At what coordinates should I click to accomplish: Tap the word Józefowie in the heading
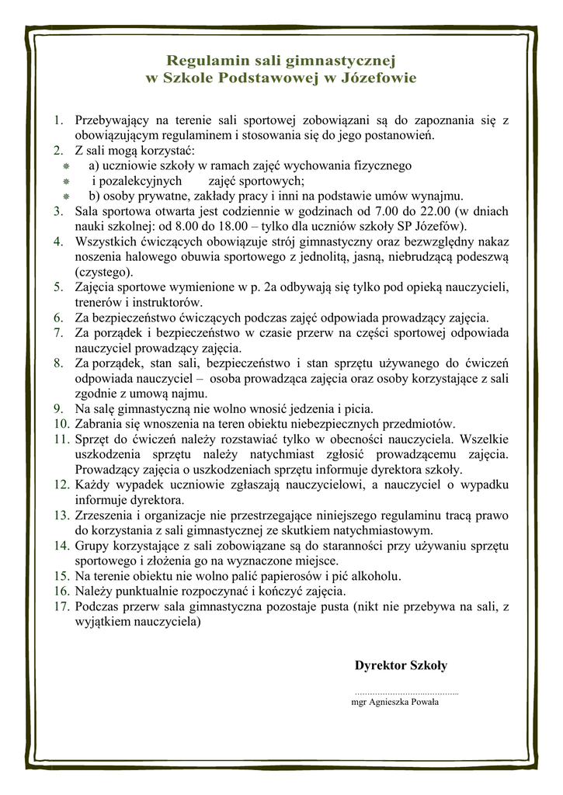[x=378, y=78]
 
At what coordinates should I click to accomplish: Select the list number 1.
[x=57, y=120]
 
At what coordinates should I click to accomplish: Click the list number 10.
[x=62, y=423]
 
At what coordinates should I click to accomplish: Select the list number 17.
[x=62, y=607]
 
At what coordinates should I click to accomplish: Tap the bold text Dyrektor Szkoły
[x=401, y=665]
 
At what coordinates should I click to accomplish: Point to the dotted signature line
[x=406, y=691]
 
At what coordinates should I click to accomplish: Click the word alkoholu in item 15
[x=375, y=576]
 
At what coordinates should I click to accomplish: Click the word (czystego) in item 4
[x=104, y=272]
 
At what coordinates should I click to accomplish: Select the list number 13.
[x=62, y=515]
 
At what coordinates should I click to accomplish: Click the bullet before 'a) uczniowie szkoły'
[x=67, y=166]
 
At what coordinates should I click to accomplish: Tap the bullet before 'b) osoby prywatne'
[x=67, y=196]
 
